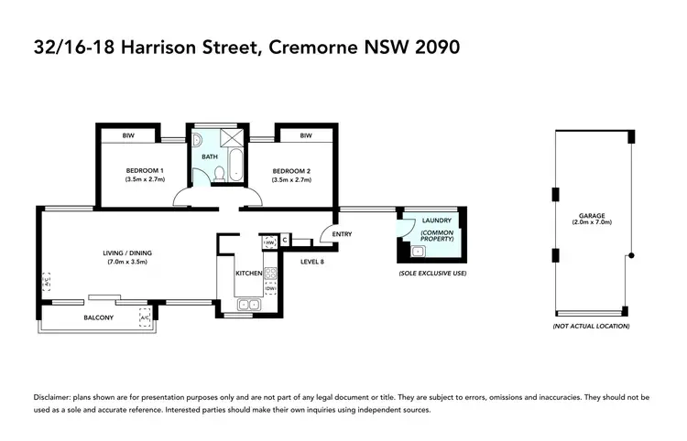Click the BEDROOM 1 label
tap(145, 171)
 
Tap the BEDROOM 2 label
tap(290, 171)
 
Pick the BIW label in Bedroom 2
tap(305, 135)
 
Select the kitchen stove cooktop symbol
tap(271, 273)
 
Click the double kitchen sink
tap(248, 305)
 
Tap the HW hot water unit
tap(270, 242)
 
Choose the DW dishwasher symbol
tap(271, 288)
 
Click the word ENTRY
tap(343, 234)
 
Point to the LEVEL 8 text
tap(313, 261)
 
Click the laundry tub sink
tap(418, 251)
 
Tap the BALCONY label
tap(98, 317)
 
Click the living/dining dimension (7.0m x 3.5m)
tap(126, 263)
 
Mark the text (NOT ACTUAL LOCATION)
tap(591, 327)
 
